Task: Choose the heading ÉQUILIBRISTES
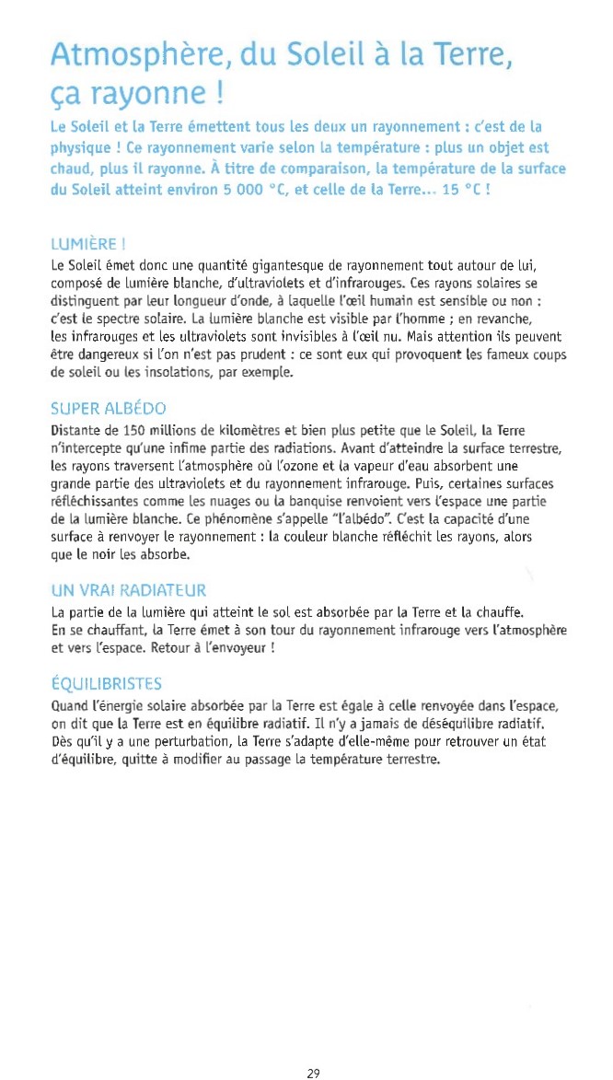pyautogui.click(x=106, y=683)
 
